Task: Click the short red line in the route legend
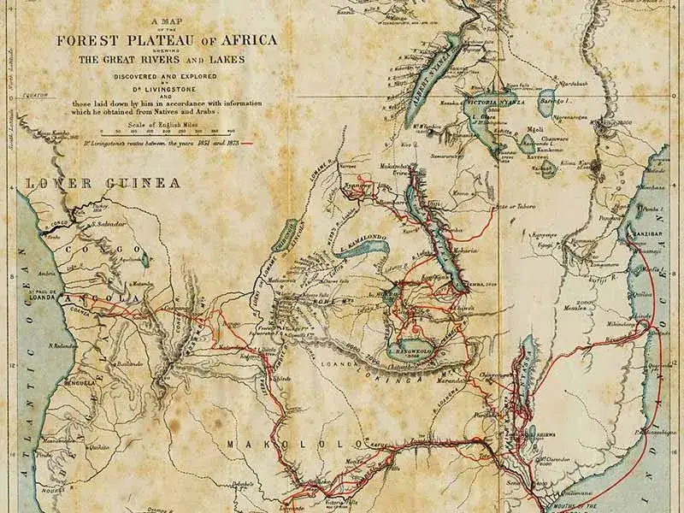pyautogui.click(x=249, y=144)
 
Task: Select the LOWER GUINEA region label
pyautogui.click(x=103, y=183)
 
